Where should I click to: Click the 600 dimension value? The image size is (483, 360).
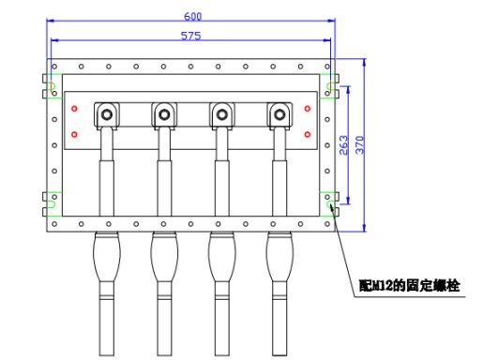(192, 16)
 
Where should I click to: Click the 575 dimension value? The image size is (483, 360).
(190, 36)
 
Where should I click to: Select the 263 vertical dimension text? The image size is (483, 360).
(343, 145)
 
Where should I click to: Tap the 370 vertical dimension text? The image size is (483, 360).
(360, 145)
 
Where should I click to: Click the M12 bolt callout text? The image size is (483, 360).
(409, 286)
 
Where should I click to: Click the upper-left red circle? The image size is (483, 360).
(74, 109)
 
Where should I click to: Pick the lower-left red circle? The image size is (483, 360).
(74, 134)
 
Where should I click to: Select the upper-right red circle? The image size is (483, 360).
(308, 109)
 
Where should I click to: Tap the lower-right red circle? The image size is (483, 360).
(308, 134)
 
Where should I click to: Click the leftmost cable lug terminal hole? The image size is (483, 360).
(107, 114)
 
